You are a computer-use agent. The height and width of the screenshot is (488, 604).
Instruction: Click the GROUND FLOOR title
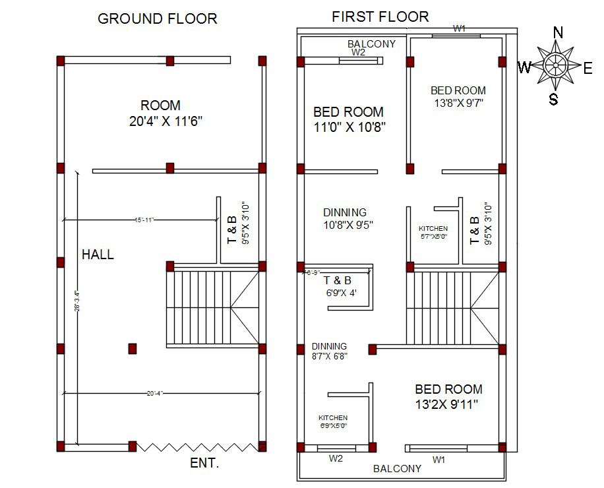[157, 18]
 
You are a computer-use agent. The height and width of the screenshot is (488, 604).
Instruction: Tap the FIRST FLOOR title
[380, 16]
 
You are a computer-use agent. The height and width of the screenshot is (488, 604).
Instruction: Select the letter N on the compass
[558, 32]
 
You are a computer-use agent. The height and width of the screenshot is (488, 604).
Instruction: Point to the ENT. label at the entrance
[204, 463]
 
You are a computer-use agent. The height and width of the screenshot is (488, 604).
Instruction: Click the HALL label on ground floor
[98, 255]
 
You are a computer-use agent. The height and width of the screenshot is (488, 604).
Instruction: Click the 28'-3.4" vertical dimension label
[76, 301]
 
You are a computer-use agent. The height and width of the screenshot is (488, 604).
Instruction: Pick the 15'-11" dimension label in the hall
[144, 220]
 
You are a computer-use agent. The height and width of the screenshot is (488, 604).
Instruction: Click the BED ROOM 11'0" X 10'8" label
[348, 119]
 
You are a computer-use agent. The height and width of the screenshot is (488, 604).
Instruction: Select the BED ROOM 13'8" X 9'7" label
[458, 96]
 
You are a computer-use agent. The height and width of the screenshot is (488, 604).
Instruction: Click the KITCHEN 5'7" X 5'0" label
[433, 232]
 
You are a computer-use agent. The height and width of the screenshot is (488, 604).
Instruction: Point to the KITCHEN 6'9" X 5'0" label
[333, 422]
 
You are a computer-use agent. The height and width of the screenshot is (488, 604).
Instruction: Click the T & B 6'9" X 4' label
[338, 286]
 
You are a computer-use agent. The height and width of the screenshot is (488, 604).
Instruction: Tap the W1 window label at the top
[460, 28]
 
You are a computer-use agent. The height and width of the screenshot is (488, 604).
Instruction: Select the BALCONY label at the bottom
[397, 469]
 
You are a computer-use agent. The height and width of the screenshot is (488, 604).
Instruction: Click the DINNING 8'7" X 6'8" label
[329, 351]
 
